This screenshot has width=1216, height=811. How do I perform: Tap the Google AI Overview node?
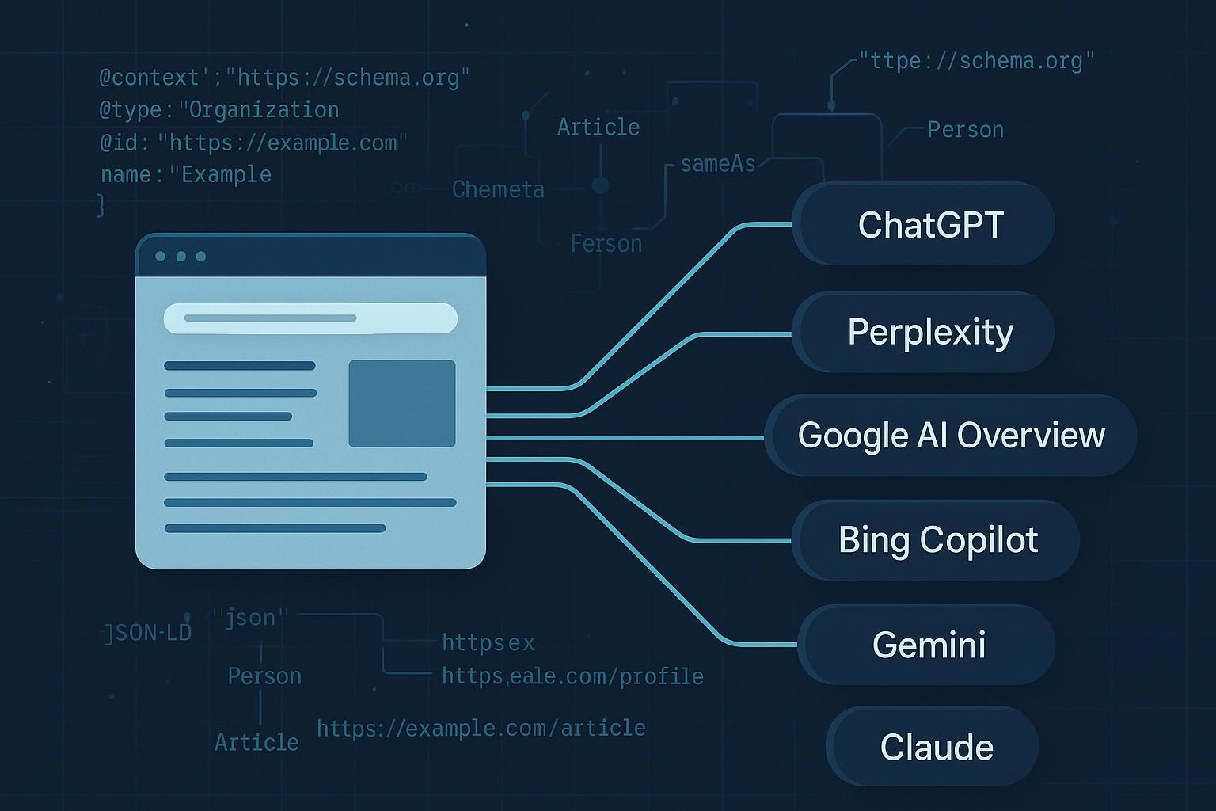951,436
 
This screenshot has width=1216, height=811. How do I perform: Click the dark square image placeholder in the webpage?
402,403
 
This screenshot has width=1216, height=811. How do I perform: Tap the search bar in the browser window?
310,318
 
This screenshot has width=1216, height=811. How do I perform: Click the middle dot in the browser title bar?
180,257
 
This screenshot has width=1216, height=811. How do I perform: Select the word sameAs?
717,164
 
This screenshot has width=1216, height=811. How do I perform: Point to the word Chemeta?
498,189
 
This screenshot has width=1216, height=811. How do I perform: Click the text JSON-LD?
148,633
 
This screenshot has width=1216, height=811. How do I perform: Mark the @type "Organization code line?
218,109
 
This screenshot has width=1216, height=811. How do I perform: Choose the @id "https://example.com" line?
253,143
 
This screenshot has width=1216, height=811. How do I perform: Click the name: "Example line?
186,174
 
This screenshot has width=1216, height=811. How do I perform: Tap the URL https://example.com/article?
481,728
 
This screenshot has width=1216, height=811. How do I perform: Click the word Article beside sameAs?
598,127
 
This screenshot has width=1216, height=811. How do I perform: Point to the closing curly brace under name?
101,205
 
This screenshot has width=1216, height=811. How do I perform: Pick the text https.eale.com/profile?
572,676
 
